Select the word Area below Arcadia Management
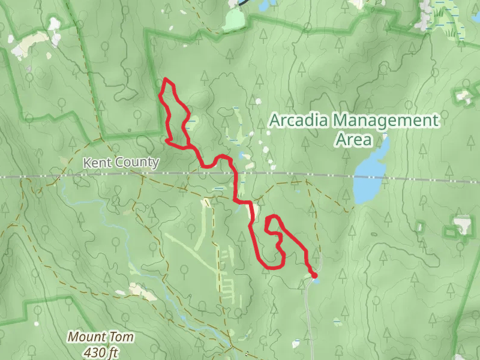coord(353,140)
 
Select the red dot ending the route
coord(314,275)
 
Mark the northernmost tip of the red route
coord(166,79)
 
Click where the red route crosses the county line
coord(235,176)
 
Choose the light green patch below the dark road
coord(233,22)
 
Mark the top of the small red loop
coord(273,216)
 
